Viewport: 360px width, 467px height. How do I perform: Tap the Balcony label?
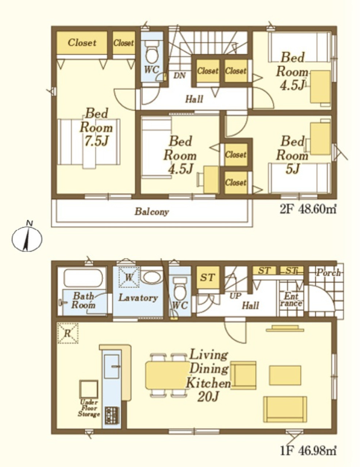pyautogui.click(x=152, y=212)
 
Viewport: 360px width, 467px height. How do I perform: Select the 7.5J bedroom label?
pyautogui.click(x=96, y=127)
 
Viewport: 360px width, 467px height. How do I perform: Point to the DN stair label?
pyautogui.click(x=180, y=76)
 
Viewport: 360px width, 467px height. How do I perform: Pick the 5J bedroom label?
pyautogui.click(x=292, y=155)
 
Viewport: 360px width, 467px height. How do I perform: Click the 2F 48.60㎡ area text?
pyautogui.click(x=308, y=209)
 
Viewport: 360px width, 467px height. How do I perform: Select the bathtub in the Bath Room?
pyautogui.click(x=83, y=278)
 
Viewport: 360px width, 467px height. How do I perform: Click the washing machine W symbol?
pyautogui.click(x=129, y=277)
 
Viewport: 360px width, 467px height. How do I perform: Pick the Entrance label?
pyautogui.click(x=291, y=300)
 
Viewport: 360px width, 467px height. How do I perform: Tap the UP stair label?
pyautogui.click(x=235, y=296)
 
